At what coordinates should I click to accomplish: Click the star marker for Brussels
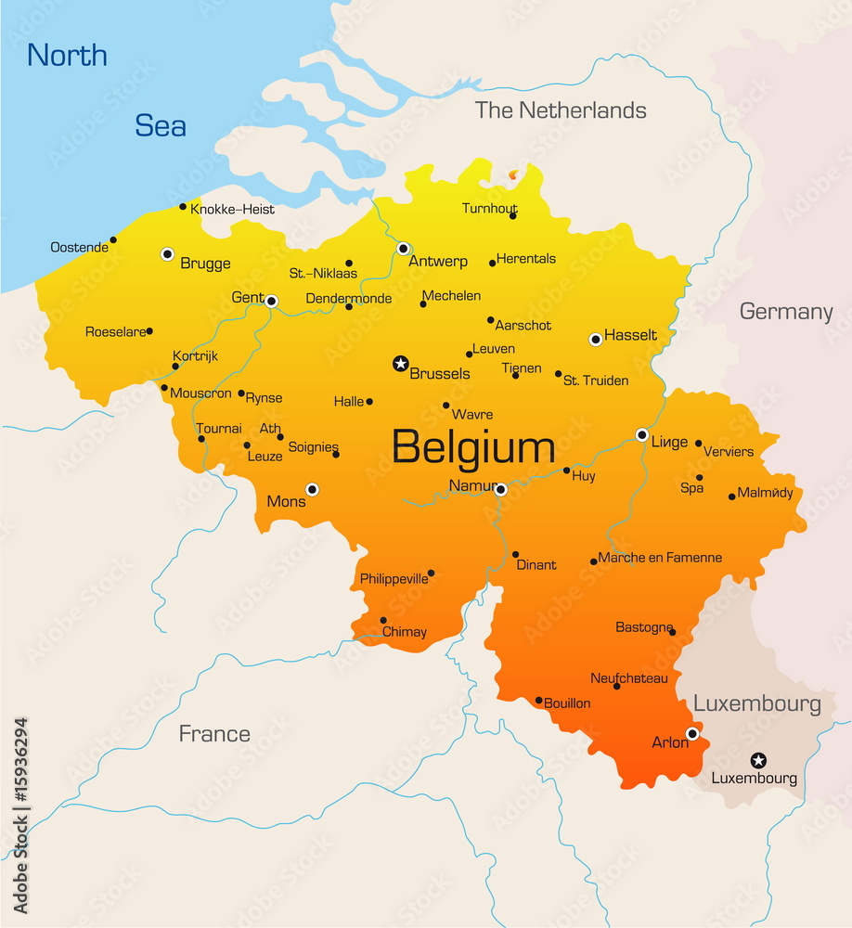(401, 363)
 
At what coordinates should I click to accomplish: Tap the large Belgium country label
(472, 448)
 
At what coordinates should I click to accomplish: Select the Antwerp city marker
(404, 249)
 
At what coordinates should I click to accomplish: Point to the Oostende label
(79, 248)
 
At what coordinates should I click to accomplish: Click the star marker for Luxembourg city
(758, 760)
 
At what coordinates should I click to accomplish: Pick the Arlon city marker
(691, 734)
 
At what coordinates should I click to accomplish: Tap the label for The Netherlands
(561, 110)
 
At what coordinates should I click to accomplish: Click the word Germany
(785, 312)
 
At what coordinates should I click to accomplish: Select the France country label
(214, 734)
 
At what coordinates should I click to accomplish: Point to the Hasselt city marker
(596, 340)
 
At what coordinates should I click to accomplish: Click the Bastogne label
(643, 628)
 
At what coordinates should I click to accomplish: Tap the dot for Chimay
(383, 621)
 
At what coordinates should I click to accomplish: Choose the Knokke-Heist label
(232, 210)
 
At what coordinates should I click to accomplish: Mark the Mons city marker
(312, 489)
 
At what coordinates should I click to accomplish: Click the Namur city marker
(500, 489)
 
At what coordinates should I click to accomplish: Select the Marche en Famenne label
(660, 558)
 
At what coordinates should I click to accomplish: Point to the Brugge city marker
(167, 253)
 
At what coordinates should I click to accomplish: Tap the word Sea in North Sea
(161, 125)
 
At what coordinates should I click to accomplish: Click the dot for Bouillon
(538, 701)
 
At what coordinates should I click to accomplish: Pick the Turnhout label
(489, 209)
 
